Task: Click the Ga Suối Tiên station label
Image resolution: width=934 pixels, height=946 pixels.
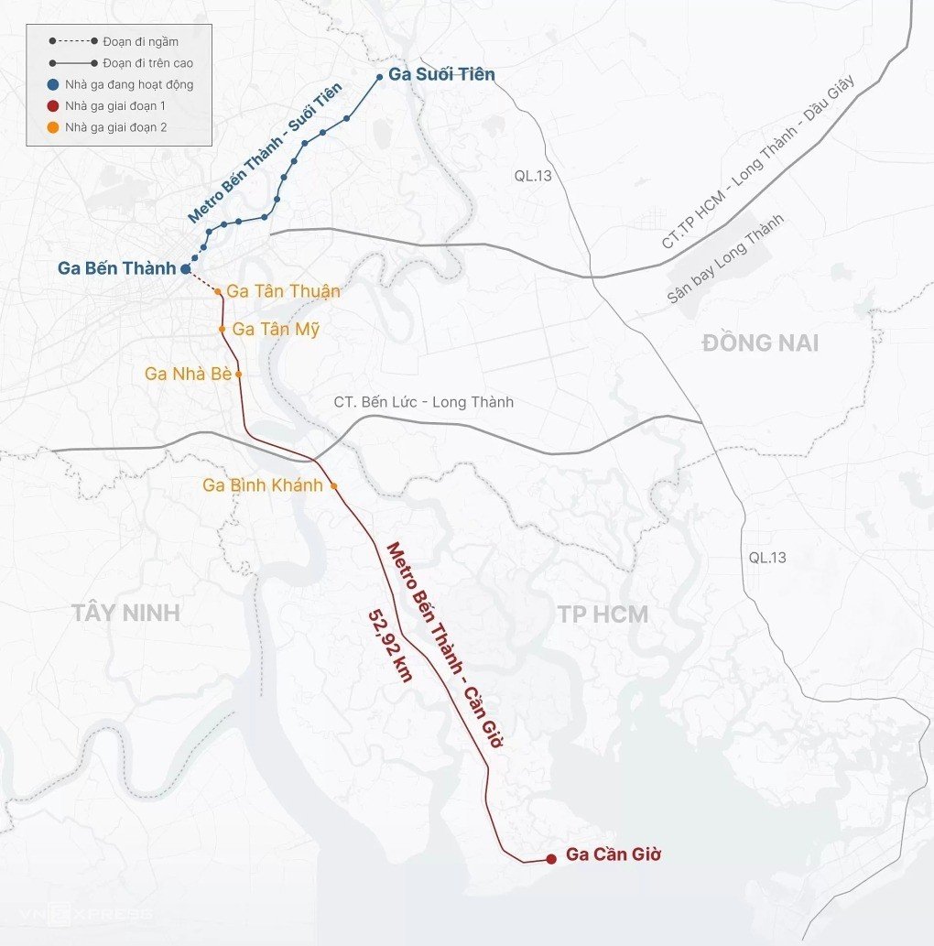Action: coord(441,75)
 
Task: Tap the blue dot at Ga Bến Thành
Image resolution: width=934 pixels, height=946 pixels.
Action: coord(185,269)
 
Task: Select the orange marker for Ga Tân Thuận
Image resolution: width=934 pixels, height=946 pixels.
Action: coord(218,292)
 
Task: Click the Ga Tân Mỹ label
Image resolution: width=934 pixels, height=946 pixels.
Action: coord(276,329)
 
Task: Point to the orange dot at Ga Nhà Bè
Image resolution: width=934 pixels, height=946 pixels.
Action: coord(239,375)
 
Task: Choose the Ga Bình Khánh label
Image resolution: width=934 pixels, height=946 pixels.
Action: coord(263,486)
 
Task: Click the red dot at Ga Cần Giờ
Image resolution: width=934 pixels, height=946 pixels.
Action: coord(550,858)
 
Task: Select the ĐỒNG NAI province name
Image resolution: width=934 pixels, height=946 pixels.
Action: coord(760,344)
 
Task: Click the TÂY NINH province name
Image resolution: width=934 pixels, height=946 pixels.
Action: coord(126,614)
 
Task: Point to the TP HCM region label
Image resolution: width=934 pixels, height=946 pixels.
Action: coord(603,614)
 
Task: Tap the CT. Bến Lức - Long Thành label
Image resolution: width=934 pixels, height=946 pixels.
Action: coord(424,402)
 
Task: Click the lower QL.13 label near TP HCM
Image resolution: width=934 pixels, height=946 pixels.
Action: coord(767,557)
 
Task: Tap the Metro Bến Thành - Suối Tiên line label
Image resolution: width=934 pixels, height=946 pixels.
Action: coord(265,154)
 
